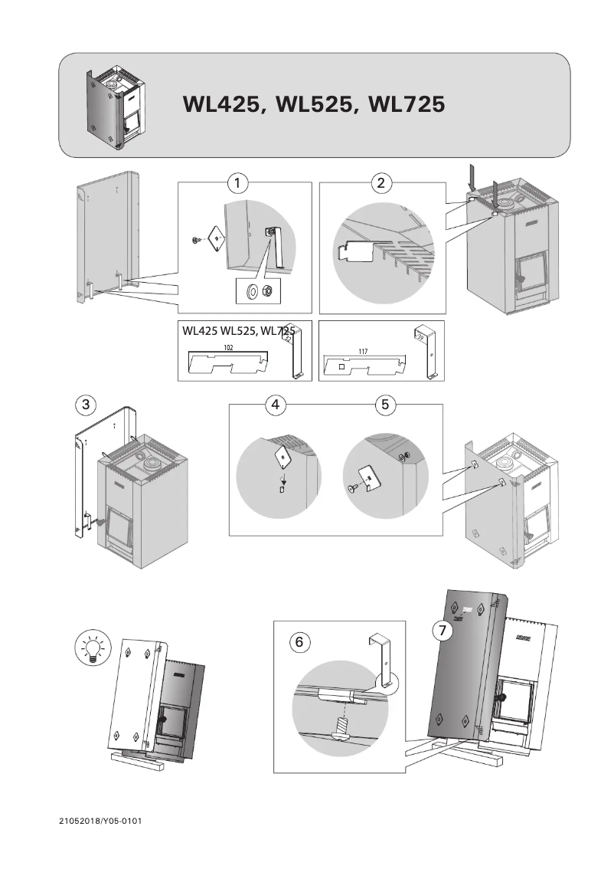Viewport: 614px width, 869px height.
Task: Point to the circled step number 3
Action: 86,405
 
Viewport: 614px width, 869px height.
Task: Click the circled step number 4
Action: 275,405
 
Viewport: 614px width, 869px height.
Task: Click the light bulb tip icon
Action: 91,648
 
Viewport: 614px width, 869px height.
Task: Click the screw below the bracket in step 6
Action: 339,728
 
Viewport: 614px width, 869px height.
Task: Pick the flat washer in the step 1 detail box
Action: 251,291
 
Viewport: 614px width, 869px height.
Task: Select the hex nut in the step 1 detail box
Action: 268,291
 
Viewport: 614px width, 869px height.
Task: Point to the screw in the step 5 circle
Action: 353,487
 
